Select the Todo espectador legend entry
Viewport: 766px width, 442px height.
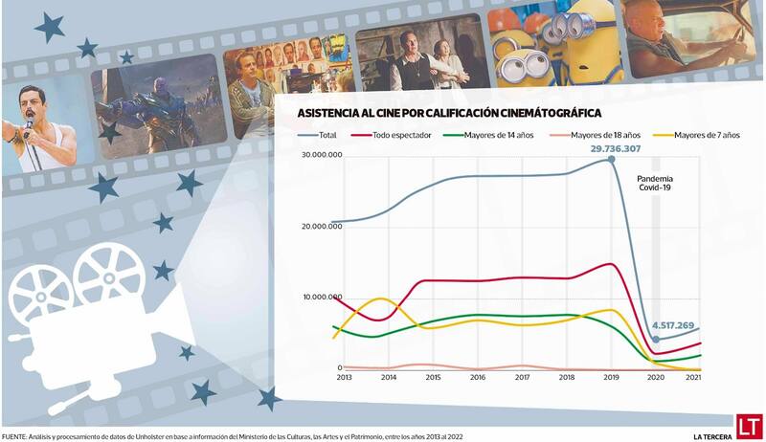click(402, 136)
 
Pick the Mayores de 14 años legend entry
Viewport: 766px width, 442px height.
click(498, 136)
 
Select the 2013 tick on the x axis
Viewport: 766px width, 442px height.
click(345, 378)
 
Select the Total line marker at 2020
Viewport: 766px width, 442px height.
click(656, 339)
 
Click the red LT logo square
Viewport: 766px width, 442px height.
click(749, 425)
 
